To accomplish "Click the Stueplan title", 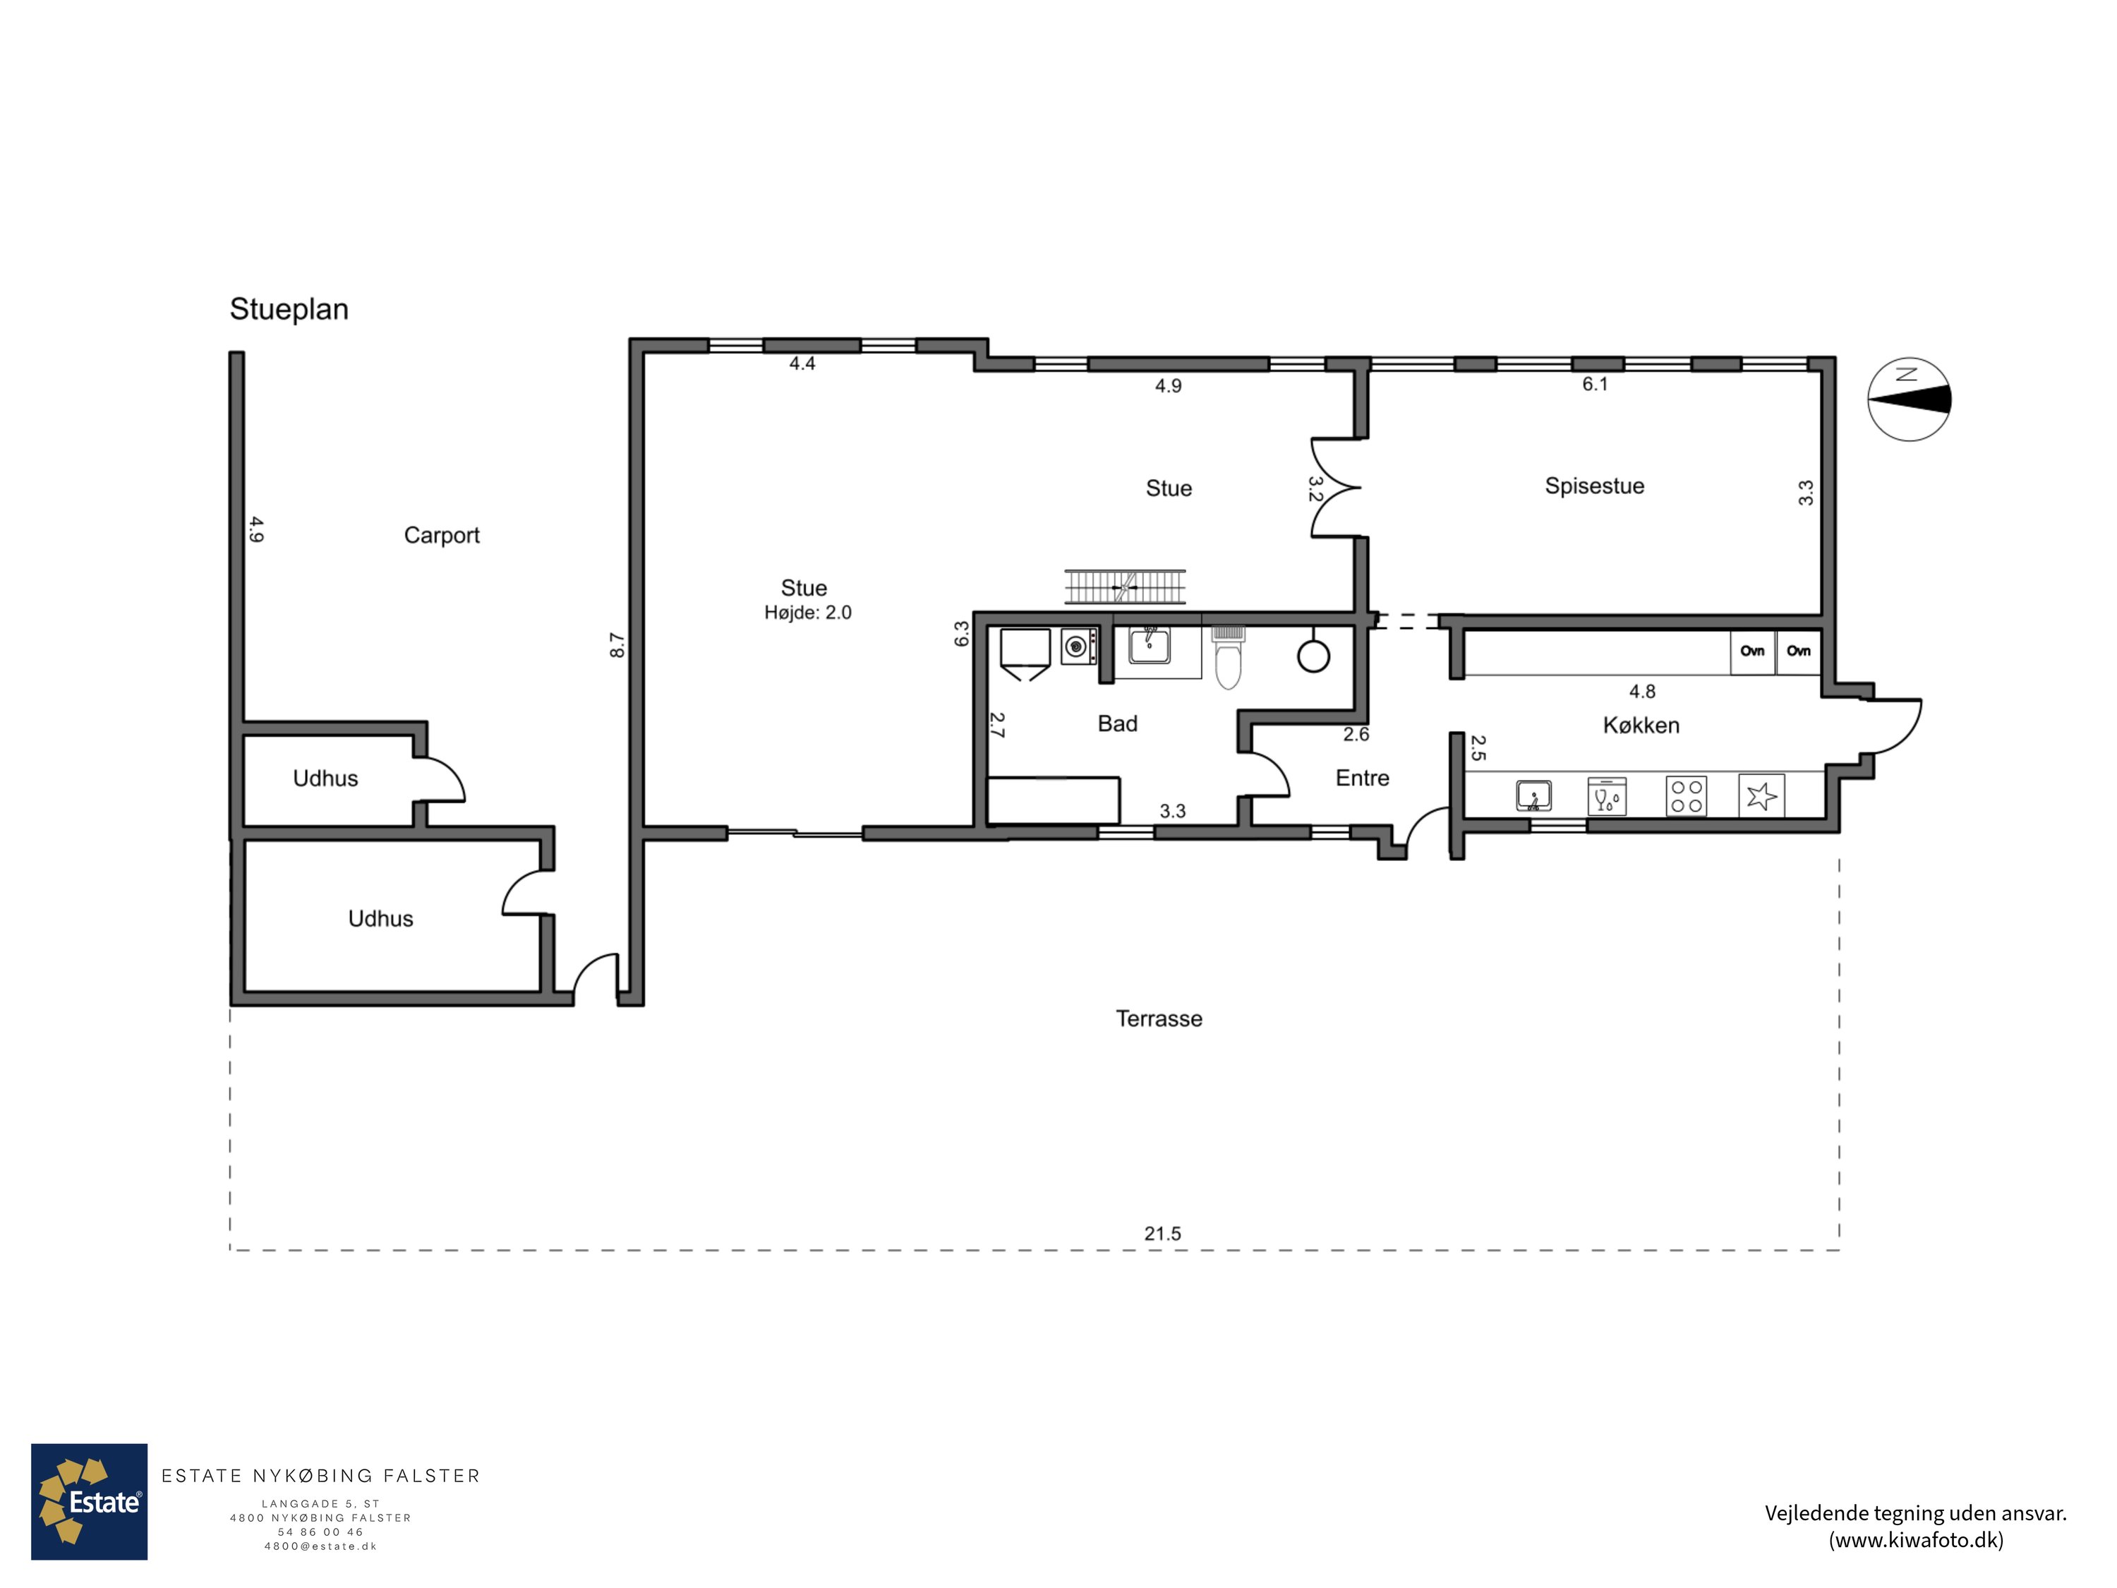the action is coord(289,309).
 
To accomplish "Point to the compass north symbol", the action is coord(1910,399).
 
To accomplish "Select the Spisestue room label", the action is coord(1594,486).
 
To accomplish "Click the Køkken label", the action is coord(1641,725).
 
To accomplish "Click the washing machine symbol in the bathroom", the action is coord(1078,646).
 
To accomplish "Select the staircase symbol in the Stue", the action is coord(1126,587).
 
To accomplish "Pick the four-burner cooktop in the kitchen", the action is coord(1687,796).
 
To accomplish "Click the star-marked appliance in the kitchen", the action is coord(1761,795).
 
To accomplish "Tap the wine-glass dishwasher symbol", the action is coord(1607,795).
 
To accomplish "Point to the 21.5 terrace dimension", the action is coord(1163,1234).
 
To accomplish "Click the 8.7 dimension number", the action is coord(617,645).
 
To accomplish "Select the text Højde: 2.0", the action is coord(808,613).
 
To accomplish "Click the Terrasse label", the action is coord(1159,1018).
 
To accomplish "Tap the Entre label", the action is coord(1362,778).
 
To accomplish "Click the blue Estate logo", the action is coord(89,1502).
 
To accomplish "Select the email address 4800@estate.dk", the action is coord(320,1546).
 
